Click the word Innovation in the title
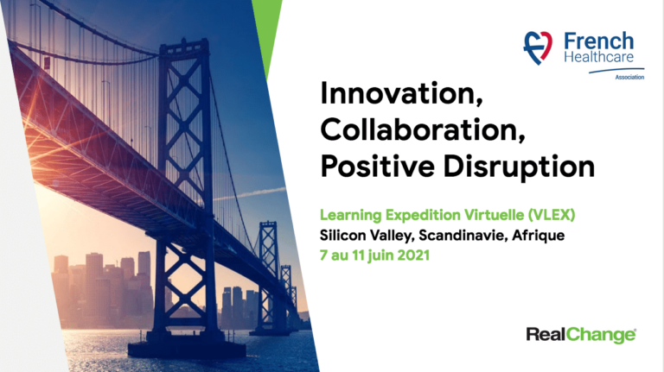tap(401, 93)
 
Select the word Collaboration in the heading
tap(423, 129)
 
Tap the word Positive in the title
tap(377, 167)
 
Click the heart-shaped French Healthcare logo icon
tap(538, 47)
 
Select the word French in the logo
tap(599, 41)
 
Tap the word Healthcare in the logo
tap(599, 57)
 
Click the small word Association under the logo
tap(629, 77)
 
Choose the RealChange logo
tap(581, 335)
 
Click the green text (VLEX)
tap(552, 215)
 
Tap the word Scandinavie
tap(463, 235)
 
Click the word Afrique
tap(539, 236)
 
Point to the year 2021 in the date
tap(413, 255)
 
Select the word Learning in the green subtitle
tap(351, 216)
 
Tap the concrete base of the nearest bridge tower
tap(187, 349)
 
